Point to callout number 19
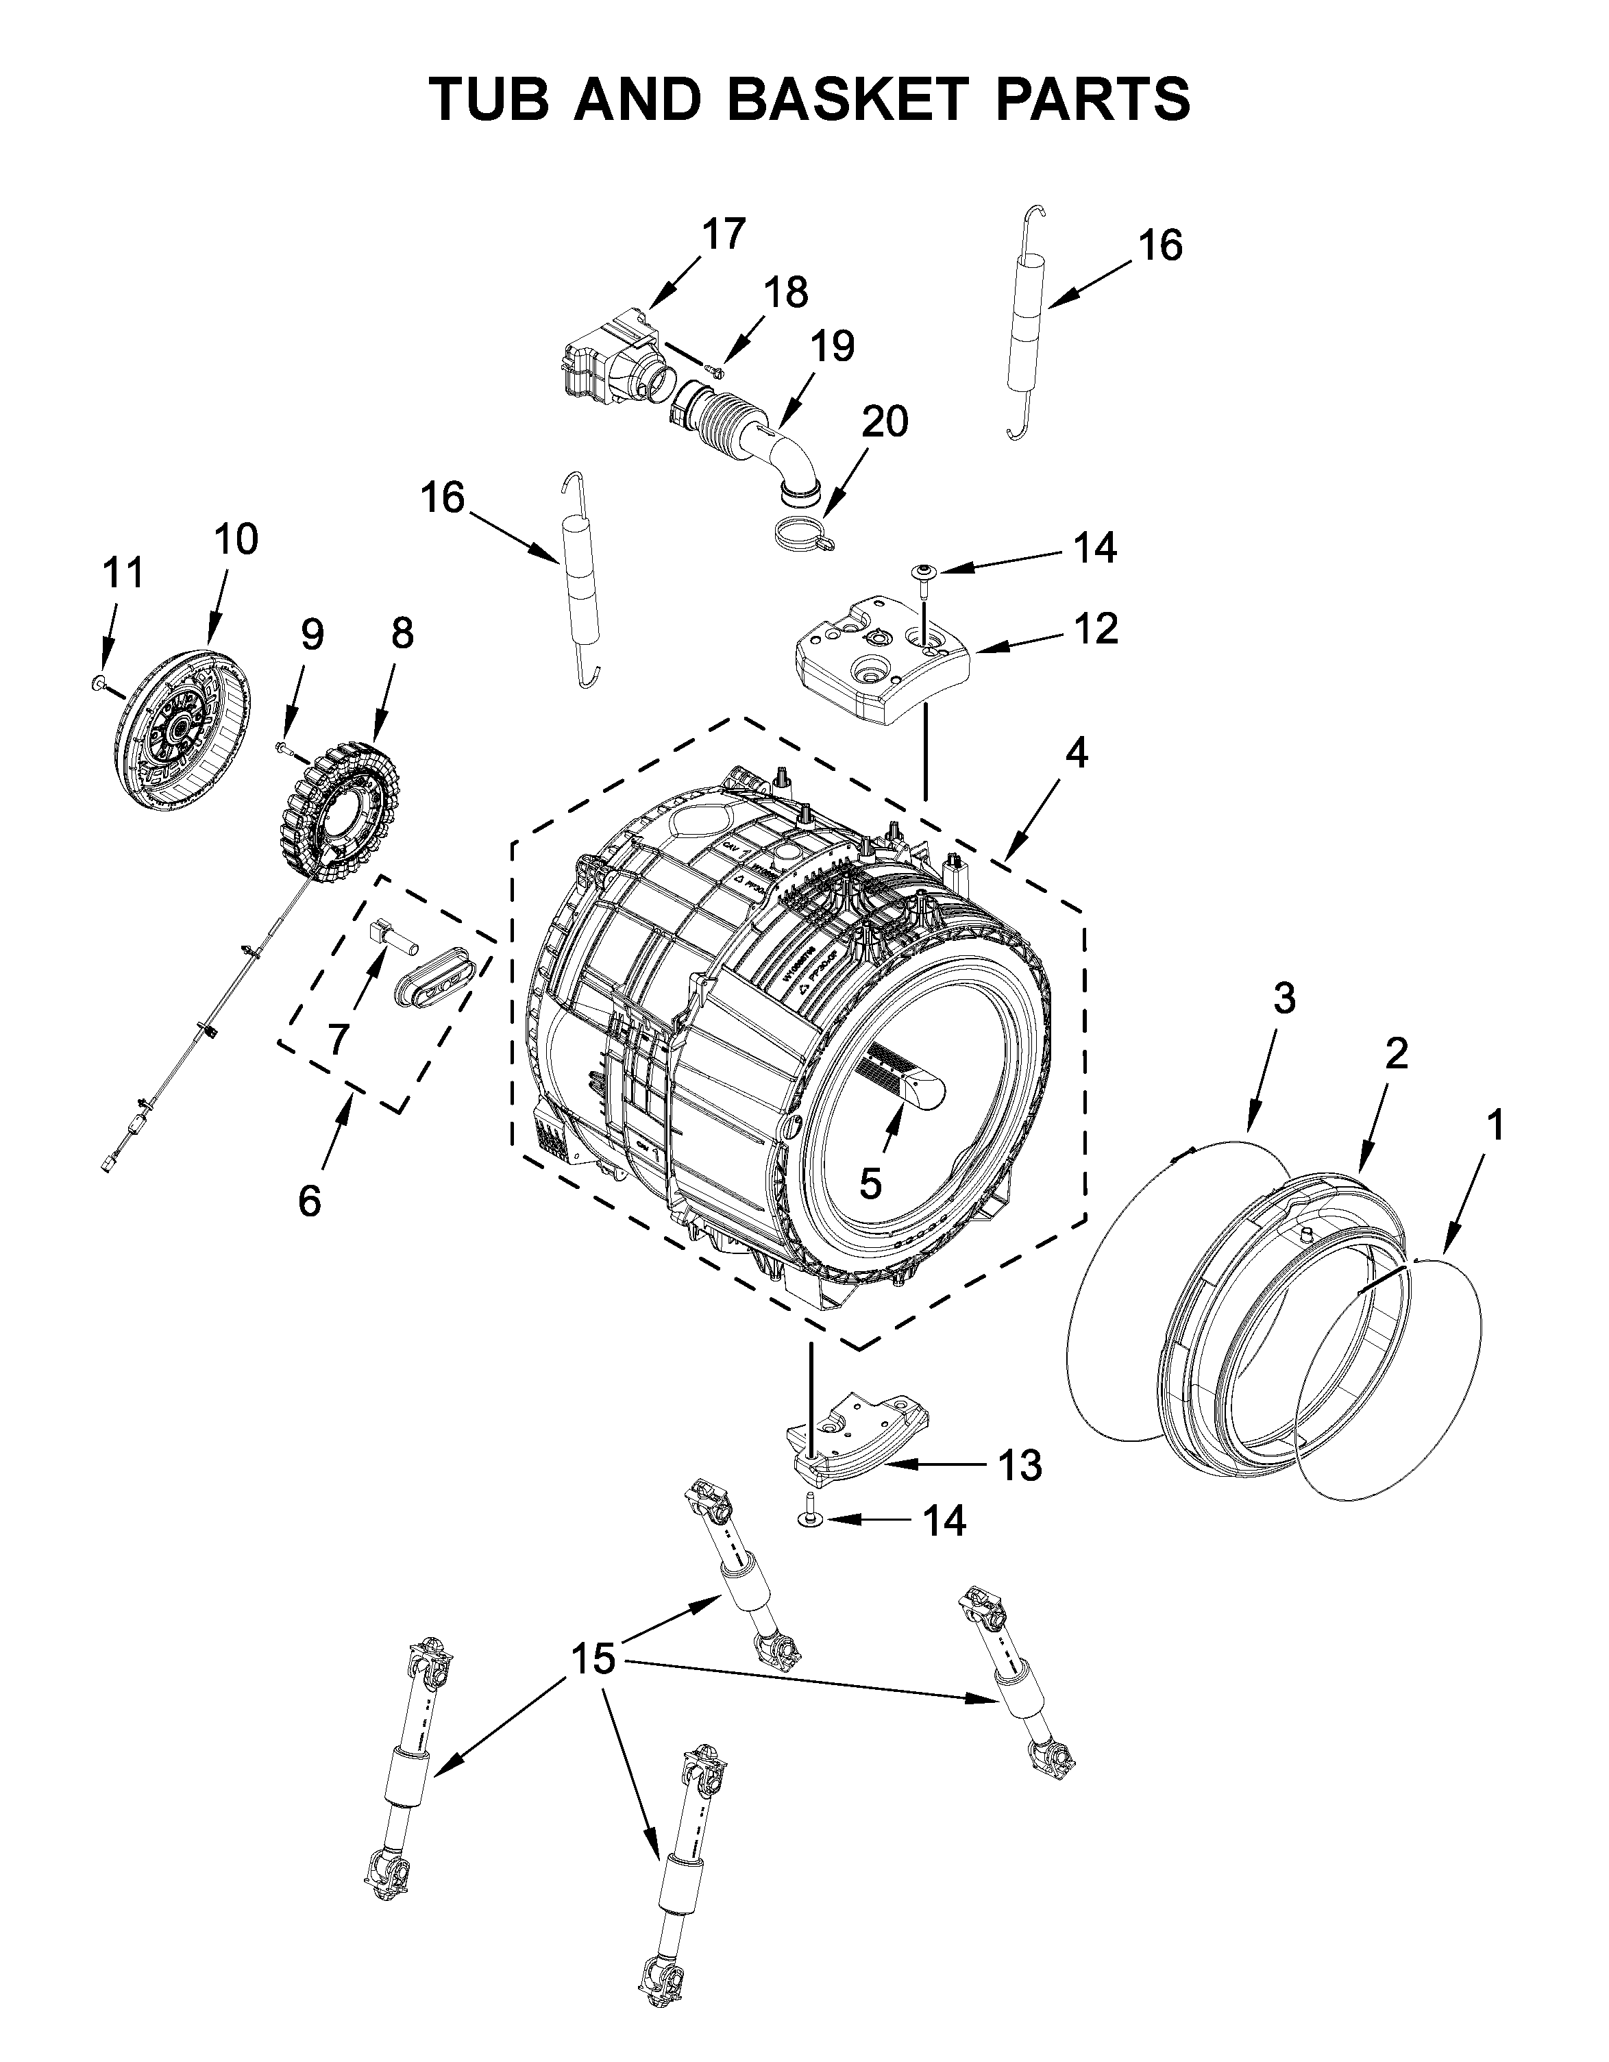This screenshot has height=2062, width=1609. (x=831, y=347)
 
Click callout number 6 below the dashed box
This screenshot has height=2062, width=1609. (x=309, y=1200)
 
